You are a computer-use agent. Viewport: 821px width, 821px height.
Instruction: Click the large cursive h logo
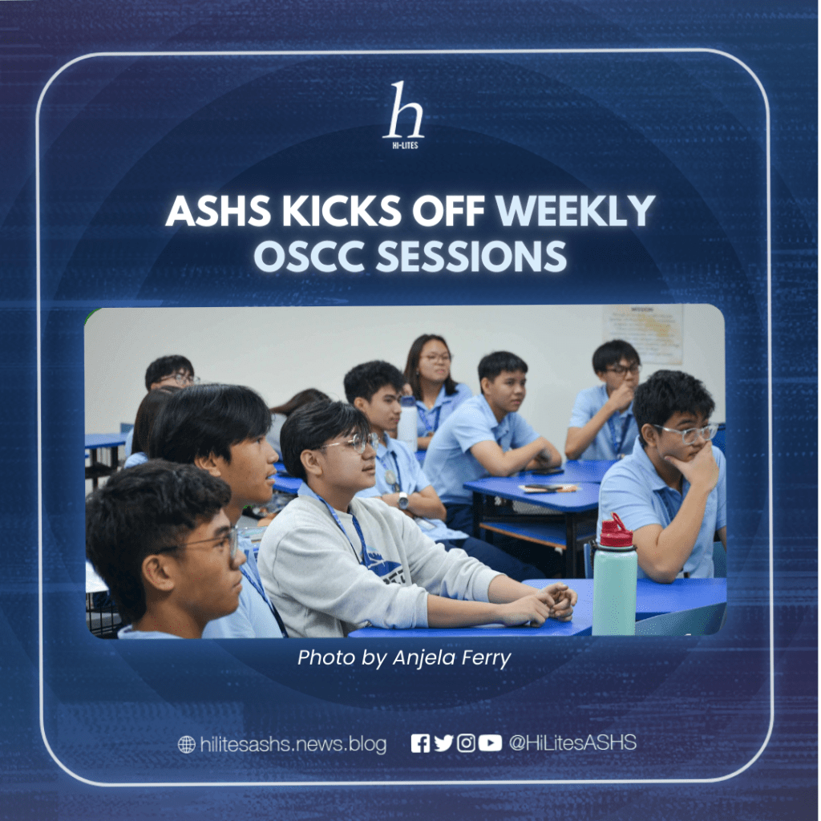tap(404, 111)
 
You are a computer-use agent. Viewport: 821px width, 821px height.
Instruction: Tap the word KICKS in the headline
tap(342, 211)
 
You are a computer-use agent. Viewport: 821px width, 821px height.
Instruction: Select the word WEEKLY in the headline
tap(575, 211)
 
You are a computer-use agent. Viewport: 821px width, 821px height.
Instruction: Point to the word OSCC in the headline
tap(309, 256)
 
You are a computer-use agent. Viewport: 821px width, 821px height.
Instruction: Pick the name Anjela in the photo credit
tap(423, 657)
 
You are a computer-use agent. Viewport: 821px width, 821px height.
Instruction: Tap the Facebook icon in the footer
tap(420, 743)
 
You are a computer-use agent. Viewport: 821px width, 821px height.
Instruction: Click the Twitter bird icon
tap(443, 743)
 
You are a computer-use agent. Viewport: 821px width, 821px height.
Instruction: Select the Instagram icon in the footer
tap(466, 743)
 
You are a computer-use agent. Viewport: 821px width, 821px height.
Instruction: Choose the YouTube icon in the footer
tap(490, 743)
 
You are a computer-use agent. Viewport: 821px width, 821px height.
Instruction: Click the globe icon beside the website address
tap(186, 744)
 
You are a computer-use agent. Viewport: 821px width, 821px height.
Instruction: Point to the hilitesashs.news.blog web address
tap(293, 744)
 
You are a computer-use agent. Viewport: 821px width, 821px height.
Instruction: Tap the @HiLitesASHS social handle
tap(572, 742)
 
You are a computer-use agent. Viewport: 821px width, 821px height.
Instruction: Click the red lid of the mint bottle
tap(616, 532)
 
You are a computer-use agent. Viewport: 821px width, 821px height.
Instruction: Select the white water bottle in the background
tap(407, 423)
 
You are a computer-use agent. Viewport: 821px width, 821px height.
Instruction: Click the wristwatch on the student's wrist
tap(402, 500)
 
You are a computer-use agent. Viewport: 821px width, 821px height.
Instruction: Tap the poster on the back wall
tap(642, 334)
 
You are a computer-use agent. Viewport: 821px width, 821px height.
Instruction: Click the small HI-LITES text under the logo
tap(405, 145)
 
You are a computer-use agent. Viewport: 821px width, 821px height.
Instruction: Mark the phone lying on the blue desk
tap(547, 471)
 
